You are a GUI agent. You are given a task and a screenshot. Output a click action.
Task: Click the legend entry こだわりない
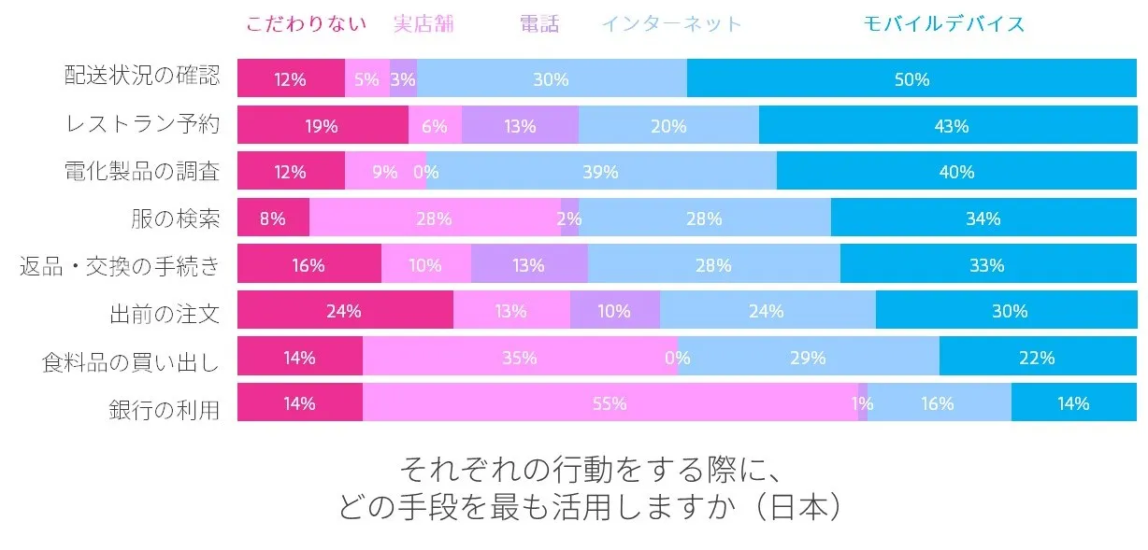coord(307,24)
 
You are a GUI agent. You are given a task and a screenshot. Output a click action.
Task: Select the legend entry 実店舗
coord(423,24)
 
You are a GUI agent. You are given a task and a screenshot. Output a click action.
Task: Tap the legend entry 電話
coord(539,24)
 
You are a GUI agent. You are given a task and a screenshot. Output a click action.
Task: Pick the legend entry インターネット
coord(671,24)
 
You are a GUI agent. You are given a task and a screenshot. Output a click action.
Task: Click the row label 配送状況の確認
coord(142,78)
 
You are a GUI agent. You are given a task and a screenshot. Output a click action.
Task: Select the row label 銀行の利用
coord(164,403)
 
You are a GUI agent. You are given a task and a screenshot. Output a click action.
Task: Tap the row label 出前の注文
coord(164,311)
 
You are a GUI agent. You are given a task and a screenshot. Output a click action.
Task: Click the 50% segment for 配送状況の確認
coord(911,79)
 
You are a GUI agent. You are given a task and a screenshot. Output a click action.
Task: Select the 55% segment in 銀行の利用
coord(610,403)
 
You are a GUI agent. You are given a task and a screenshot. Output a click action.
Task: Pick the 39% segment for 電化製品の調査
coord(600,172)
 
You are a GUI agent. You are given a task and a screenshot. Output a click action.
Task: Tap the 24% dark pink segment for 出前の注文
coord(345,311)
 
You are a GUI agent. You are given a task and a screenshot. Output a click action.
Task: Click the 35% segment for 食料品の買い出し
coord(520,358)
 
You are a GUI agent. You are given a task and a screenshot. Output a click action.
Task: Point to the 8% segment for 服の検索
coord(273,219)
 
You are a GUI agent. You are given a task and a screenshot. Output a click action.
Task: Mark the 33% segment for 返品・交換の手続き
coord(987,265)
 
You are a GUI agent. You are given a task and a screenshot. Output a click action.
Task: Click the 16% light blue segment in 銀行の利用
coord(939,403)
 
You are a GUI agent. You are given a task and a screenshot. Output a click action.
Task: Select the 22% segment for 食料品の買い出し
coord(1038,358)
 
